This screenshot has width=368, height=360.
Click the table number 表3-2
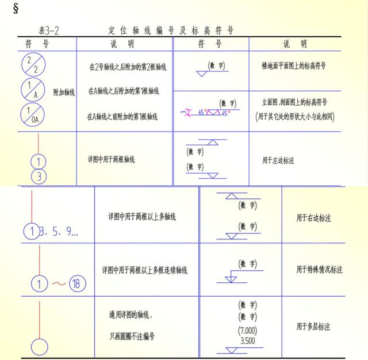click(x=48, y=30)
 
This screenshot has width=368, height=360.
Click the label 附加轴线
click(x=64, y=92)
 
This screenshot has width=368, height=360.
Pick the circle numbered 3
click(x=39, y=176)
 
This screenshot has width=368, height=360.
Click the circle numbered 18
click(x=78, y=283)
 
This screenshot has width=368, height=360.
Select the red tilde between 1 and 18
click(x=59, y=284)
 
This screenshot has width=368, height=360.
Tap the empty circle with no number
click(x=39, y=347)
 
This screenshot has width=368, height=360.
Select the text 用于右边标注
click(x=313, y=217)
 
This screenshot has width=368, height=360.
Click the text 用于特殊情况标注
click(x=319, y=269)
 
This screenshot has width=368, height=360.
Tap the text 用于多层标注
click(x=313, y=327)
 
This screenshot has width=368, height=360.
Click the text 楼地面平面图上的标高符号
click(x=293, y=66)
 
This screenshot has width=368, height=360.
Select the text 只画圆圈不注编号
click(x=132, y=336)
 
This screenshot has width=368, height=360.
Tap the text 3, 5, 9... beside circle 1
click(x=57, y=232)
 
